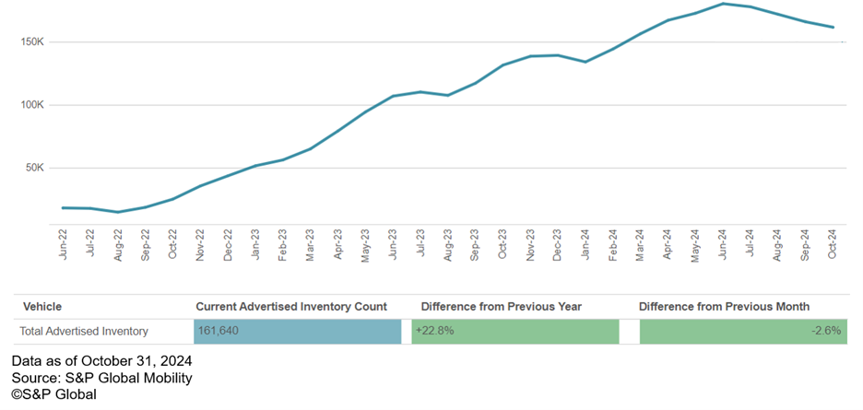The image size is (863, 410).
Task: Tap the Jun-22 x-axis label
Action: tap(64, 245)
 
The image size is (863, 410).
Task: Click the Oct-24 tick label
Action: tap(833, 245)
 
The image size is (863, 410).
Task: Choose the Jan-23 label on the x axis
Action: tap(255, 245)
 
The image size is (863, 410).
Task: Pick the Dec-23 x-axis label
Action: tap(558, 245)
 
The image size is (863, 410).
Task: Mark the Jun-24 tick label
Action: tap(723, 245)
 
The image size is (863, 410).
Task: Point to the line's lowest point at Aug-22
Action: tap(118, 212)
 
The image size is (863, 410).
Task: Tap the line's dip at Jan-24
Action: tap(585, 62)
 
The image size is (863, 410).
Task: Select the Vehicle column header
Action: tap(42, 306)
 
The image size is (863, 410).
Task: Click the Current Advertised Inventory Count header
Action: tap(291, 306)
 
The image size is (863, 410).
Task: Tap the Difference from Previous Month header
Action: tap(725, 306)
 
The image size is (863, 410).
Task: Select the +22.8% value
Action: tap(436, 331)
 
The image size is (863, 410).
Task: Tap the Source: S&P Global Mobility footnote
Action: tap(102, 378)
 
